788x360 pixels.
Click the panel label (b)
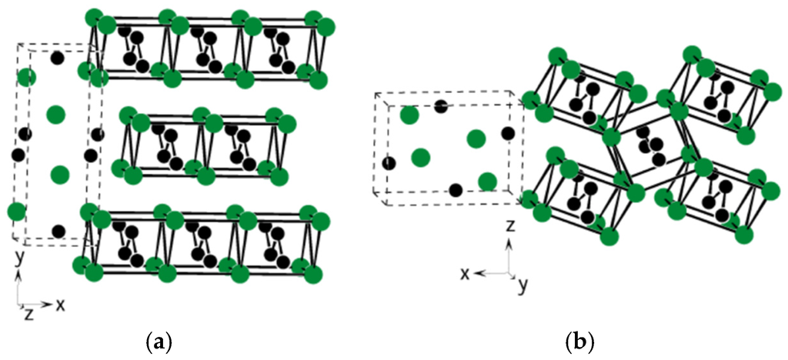pyautogui.click(x=579, y=338)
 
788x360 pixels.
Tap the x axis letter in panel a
pyautogui.click(x=60, y=305)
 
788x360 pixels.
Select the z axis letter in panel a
pyautogui.click(x=28, y=314)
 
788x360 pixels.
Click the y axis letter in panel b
pyautogui.click(x=523, y=286)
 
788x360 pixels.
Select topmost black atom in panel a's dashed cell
pyautogui.click(x=56, y=58)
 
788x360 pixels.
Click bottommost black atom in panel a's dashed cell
pyautogui.click(x=58, y=230)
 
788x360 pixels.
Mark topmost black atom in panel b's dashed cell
pyautogui.click(x=441, y=107)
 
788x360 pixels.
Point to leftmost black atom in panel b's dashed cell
pyautogui.click(x=389, y=163)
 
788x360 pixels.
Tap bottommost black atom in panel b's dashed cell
pyautogui.click(x=456, y=190)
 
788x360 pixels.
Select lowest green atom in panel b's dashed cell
pyautogui.click(x=486, y=182)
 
